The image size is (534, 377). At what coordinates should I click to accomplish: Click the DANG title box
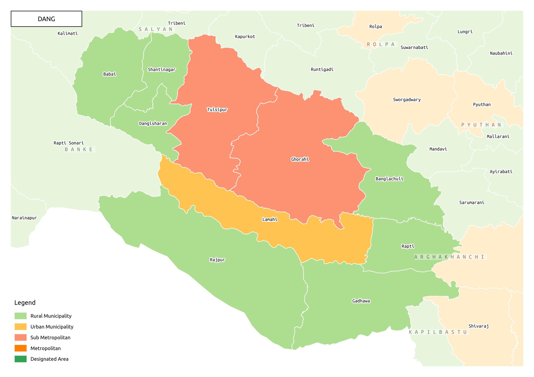(46, 19)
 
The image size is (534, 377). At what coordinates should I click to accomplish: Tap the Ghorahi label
(300, 159)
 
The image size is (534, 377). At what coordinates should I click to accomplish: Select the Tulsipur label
(217, 110)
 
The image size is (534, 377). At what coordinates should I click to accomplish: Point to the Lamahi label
(270, 219)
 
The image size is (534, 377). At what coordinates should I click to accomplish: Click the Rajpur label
(217, 260)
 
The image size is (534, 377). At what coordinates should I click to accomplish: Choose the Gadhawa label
(361, 301)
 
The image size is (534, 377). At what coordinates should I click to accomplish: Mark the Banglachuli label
(389, 179)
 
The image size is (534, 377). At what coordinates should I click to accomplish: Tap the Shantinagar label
(162, 70)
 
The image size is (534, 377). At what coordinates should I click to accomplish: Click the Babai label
(110, 74)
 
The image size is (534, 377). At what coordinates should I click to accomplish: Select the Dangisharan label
(153, 123)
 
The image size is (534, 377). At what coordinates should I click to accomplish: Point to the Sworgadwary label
(407, 100)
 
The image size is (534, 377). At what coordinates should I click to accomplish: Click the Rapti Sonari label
(69, 143)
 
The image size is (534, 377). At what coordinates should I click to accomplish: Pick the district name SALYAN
(156, 29)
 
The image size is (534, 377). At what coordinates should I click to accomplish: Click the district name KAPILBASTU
(438, 332)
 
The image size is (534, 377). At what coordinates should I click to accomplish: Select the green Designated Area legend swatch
(21, 359)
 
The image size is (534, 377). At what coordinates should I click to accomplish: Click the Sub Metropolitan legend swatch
(21, 337)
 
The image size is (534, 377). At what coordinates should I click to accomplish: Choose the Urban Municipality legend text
(52, 327)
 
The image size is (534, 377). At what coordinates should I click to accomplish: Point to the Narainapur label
(24, 218)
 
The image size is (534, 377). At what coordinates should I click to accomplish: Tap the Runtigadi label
(322, 70)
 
